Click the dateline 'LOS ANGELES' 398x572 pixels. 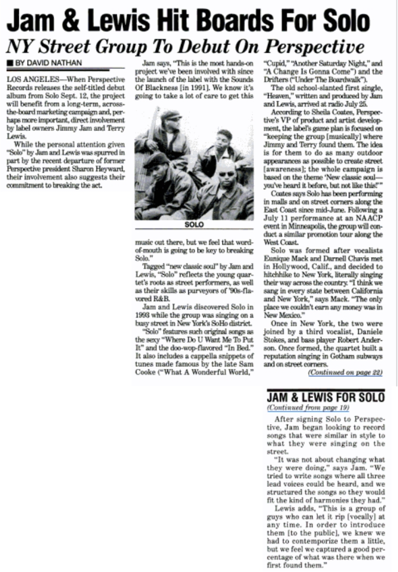(27, 78)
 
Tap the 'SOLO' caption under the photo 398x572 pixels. (194, 225)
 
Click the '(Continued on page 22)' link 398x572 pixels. (345, 373)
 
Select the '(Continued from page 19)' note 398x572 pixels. (301, 408)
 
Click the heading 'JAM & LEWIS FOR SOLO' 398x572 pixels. (326, 397)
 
